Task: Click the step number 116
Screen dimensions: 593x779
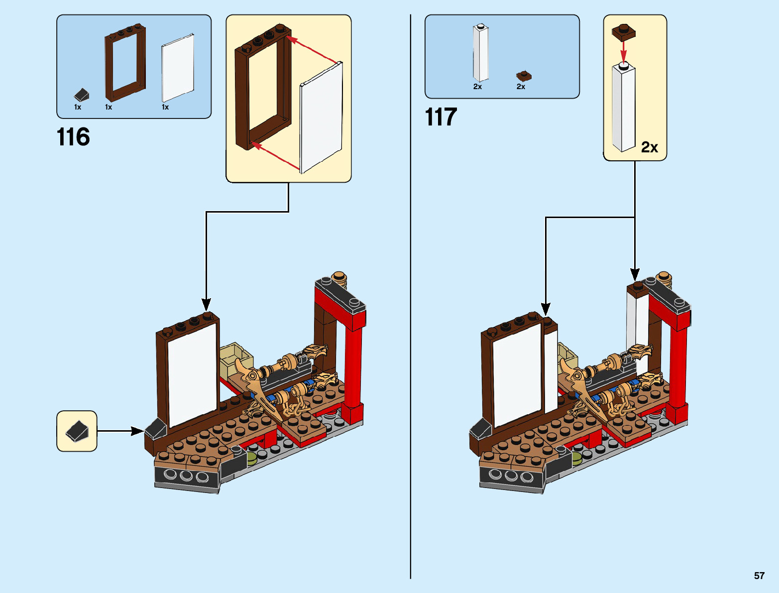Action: [x=73, y=137]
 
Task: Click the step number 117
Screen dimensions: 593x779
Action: [x=441, y=118]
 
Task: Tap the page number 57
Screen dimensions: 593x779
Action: [x=759, y=576]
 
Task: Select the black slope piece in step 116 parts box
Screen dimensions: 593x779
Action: [x=81, y=95]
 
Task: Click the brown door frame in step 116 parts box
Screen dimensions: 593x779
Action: [x=125, y=62]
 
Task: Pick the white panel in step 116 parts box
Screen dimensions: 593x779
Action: [x=178, y=68]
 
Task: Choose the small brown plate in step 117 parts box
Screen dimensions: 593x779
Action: [x=524, y=76]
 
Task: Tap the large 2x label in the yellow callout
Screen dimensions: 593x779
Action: [x=649, y=147]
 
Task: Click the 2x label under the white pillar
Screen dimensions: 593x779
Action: [x=477, y=87]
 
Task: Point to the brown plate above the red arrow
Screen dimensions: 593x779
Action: [x=624, y=32]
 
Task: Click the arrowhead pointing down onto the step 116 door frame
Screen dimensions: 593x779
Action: [x=206, y=304]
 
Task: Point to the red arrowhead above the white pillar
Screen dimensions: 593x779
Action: [x=624, y=56]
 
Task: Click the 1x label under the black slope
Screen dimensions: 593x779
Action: [x=78, y=107]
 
